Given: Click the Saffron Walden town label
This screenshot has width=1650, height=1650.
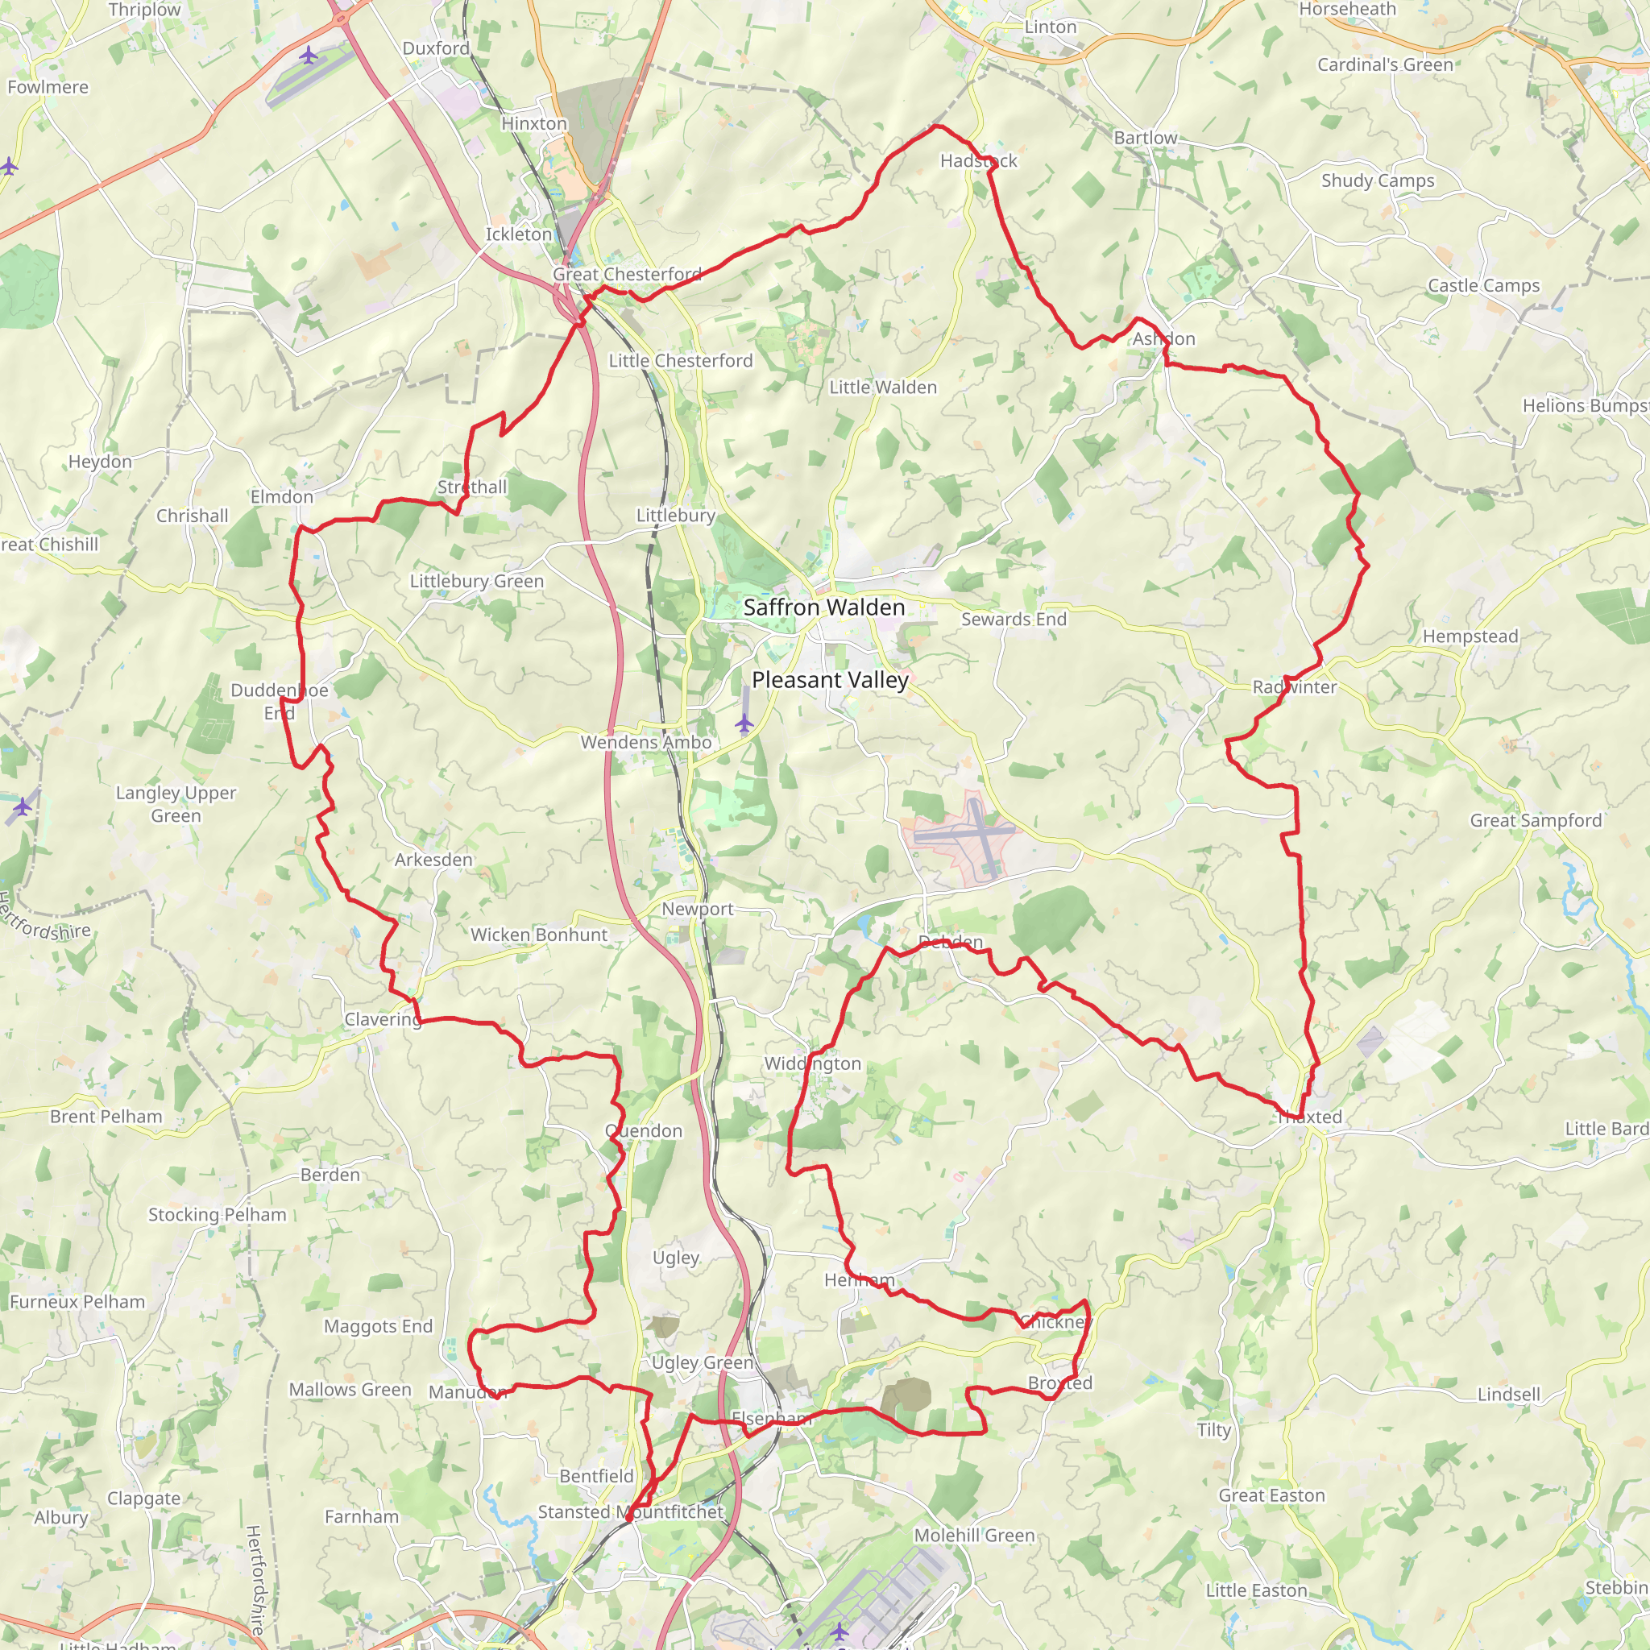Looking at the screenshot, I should pos(823,607).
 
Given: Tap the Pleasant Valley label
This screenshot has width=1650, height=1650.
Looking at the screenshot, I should pos(829,680).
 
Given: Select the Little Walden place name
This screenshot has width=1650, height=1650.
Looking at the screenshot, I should pos(883,387).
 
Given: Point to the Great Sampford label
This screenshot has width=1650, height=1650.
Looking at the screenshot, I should pos(1536,820).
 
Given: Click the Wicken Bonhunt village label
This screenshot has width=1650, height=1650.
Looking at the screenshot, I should pos(539,935).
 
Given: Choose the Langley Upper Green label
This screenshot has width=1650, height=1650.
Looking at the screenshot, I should pos(176,803).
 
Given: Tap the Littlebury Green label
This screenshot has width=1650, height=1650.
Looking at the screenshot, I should pos(477,581).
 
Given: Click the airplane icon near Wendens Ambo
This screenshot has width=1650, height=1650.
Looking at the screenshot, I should pos(744,724).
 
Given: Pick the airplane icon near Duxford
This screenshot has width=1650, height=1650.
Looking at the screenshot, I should pos(309,56).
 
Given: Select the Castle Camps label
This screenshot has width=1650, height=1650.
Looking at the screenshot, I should pos(1483,285).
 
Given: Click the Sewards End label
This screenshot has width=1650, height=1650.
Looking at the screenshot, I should pos(1014,620).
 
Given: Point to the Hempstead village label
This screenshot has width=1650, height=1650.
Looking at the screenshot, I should pos(1470,636).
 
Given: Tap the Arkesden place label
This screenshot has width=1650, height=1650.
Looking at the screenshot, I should pos(433,859).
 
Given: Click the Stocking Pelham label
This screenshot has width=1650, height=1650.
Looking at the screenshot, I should pos(217,1214).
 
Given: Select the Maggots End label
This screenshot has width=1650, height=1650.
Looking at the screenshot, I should pos(378,1326).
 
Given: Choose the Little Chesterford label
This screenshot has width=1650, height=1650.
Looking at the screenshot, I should pos(681,360).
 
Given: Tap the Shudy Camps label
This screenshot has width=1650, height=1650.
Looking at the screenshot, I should pos(1378,180).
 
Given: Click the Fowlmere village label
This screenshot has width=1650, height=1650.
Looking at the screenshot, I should pos(48,87).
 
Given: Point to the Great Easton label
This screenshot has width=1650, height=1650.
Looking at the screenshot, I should pos(1271,1495).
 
